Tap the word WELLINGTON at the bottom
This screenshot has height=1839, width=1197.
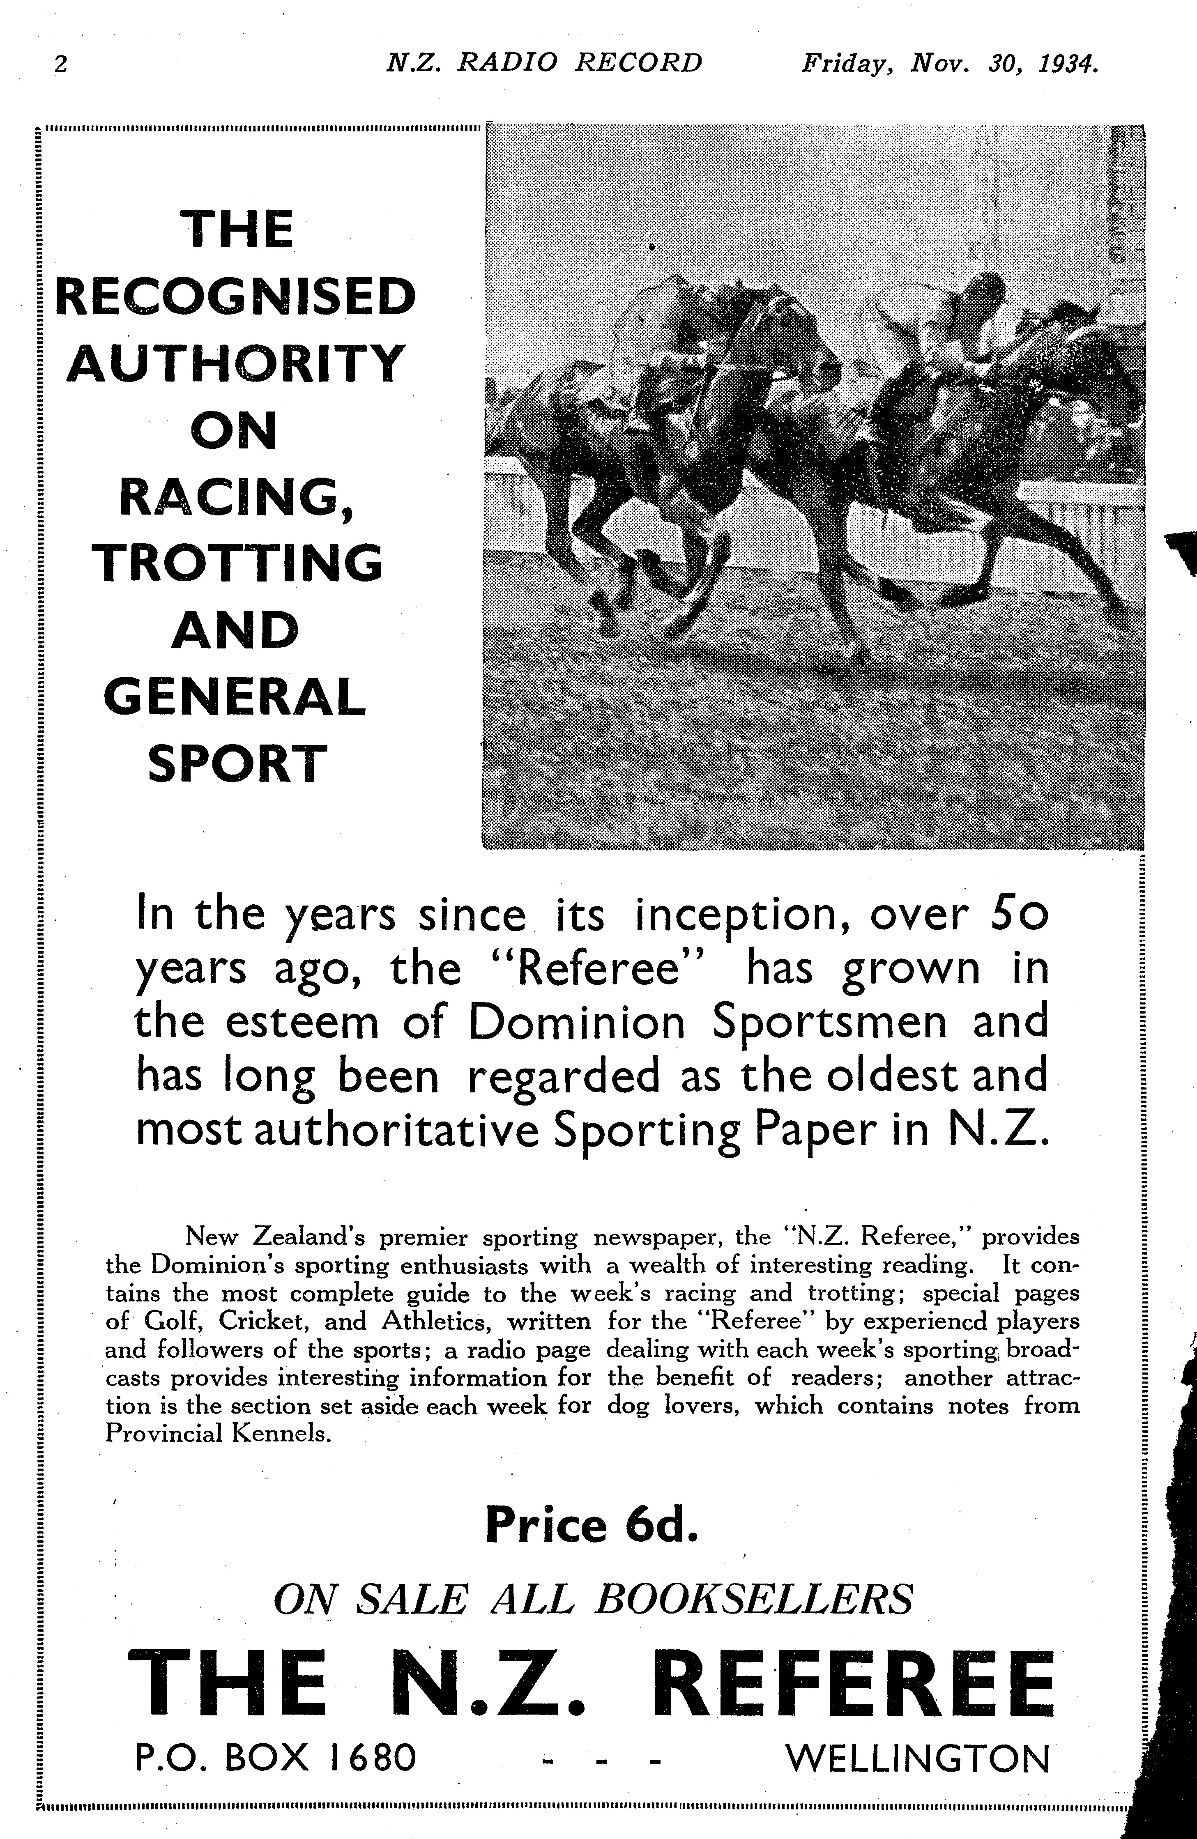pos(917,1738)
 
